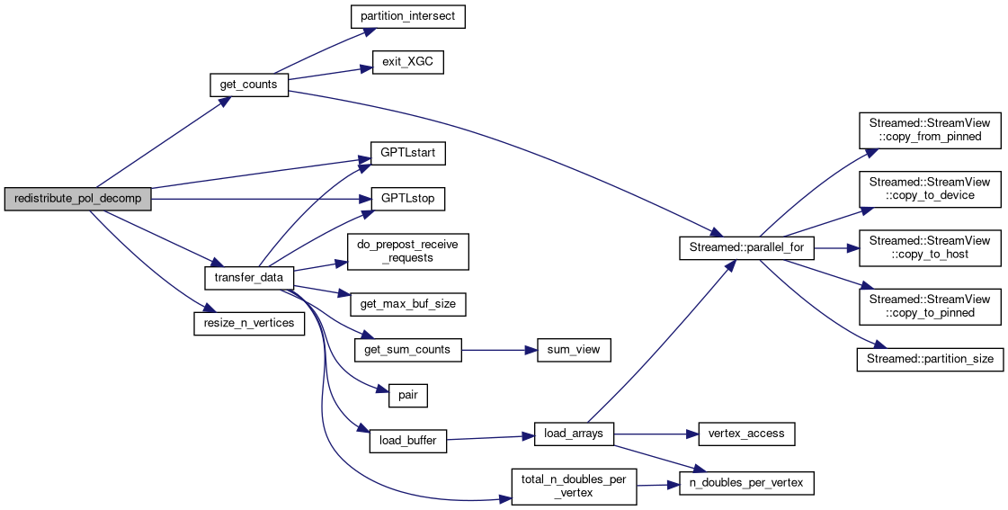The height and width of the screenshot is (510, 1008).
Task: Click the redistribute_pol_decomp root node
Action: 77,199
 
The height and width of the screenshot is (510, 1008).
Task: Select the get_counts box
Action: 249,85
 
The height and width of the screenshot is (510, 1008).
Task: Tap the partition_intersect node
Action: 407,17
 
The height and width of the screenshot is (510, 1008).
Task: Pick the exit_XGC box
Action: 407,63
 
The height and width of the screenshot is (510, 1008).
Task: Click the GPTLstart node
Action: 408,153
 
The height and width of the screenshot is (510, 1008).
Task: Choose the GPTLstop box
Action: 408,199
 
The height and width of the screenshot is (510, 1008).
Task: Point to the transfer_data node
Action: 249,278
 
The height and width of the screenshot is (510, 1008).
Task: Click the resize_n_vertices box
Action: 249,323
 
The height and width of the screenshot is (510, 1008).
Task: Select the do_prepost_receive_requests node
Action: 408,251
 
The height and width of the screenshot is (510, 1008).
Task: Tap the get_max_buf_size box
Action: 408,304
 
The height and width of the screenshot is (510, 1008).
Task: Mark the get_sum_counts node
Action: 408,350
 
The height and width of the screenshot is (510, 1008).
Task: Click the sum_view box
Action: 574,350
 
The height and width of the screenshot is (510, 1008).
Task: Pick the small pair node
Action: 408,395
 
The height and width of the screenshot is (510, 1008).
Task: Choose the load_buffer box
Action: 408,441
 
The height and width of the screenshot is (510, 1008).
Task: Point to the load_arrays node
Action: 574,434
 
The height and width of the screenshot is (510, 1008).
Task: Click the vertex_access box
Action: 745,434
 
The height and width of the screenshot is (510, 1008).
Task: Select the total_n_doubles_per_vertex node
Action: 574,486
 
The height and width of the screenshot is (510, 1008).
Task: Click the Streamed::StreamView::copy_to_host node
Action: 929,248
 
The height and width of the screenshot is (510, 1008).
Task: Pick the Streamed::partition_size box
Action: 929,359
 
